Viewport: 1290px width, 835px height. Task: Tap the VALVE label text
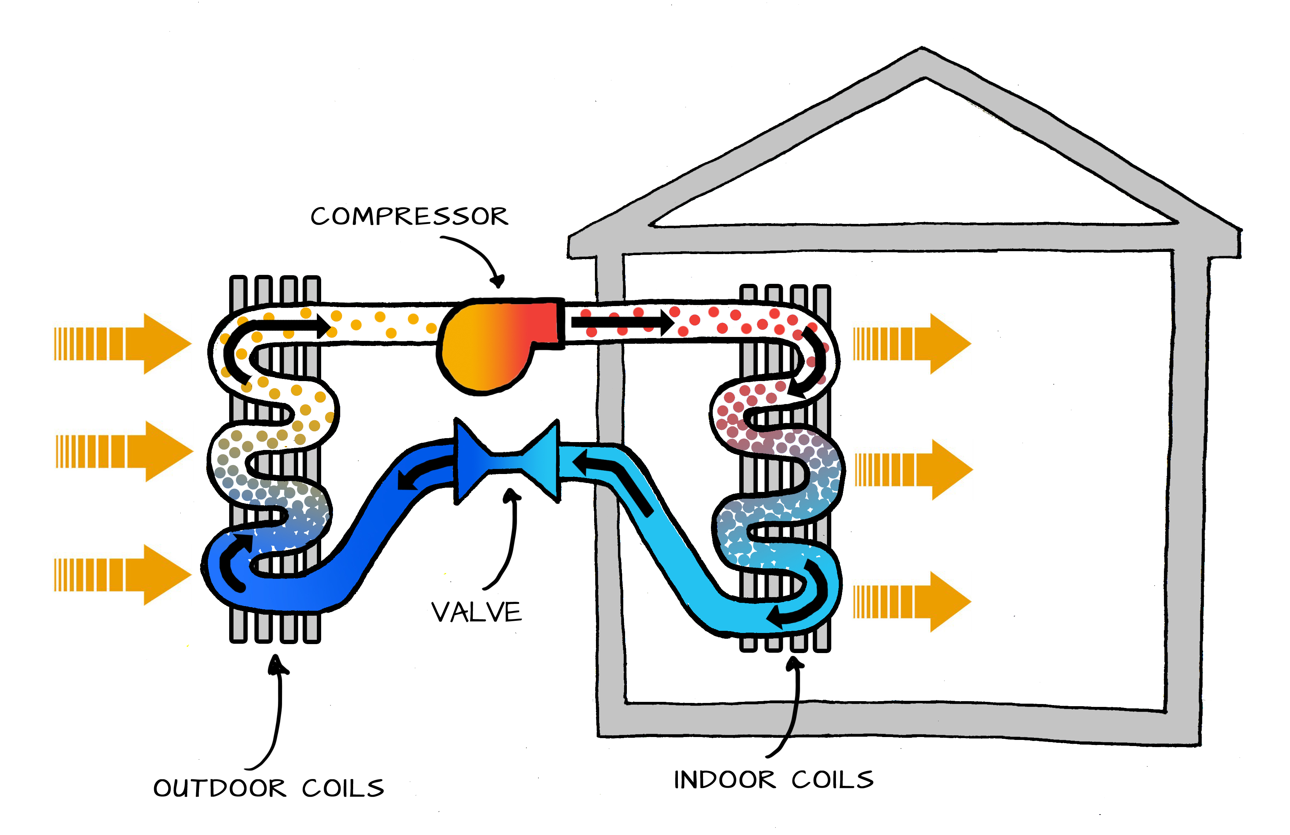(x=476, y=613)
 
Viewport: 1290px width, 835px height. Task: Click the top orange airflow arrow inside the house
(x=912, y=343)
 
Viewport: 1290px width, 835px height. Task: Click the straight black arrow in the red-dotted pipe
(x=622, y=323)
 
